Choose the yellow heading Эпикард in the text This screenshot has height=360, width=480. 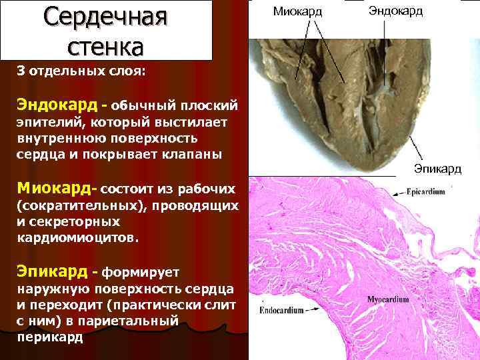52,271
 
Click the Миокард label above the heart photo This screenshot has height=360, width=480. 298,11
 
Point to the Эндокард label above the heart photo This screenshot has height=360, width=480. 395,11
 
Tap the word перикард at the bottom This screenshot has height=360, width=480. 50,337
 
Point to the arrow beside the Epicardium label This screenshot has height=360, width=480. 397,191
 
